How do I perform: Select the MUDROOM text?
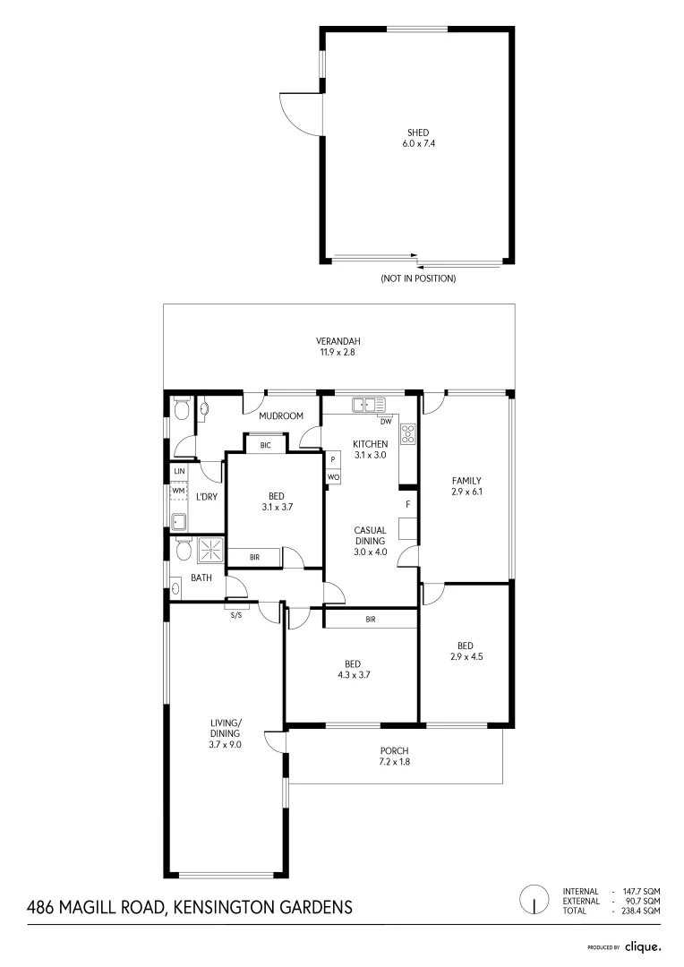coord(281,415)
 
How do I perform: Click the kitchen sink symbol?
coord(368,405)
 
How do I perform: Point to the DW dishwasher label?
coord(386,420)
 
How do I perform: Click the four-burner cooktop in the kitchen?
coord(408,434)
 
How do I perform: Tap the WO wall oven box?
coord(333,477)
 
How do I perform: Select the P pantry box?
coord(333,459)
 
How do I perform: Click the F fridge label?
coord(407,504)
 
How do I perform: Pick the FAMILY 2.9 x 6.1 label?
coord(466,485)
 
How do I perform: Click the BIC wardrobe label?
coord(265,445)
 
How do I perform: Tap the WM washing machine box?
coord(178,491)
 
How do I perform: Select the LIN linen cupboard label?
coord(179,470)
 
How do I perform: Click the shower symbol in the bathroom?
coord(213,549)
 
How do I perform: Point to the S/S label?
coord(236,615)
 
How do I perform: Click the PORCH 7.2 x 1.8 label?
coord(395,757)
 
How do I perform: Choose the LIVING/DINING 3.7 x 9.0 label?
coord(225,732)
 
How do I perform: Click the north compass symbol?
coord(534,898)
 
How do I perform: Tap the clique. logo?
coord(642,946)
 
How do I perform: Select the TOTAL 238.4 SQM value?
coord(640,911)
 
